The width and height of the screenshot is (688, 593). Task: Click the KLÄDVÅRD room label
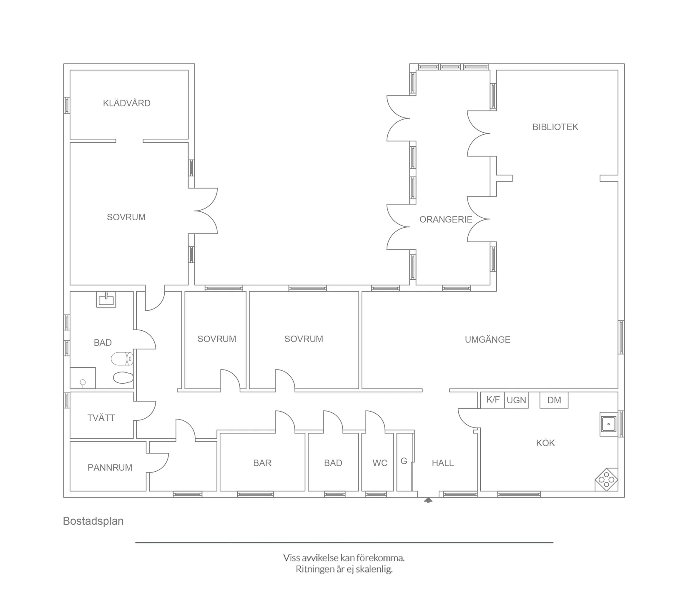(x=126, y=103)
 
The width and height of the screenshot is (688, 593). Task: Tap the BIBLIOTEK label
(x=555, y=127)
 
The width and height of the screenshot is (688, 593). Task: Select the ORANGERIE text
(x=446, y=219)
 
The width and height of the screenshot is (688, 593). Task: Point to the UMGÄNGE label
(x=487, y=339)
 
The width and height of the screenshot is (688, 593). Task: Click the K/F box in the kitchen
(x=492, y=400)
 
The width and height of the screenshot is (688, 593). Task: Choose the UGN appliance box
(x=516, y=400)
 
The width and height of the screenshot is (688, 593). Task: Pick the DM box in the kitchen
(x=554, y=400)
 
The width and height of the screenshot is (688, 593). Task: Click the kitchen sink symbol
(x=608, y=424)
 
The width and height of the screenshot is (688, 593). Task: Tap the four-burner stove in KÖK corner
(x=606, y=479)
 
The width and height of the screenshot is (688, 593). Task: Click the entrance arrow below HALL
(x=428, y=500)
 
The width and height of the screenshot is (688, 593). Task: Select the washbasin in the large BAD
(x=106, y=299)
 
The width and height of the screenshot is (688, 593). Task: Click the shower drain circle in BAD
(x=83, y=382)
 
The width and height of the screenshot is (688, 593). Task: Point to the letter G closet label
(x=404, y=461)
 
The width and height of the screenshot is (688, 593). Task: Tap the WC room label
(x=380, y=463)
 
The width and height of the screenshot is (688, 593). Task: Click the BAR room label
(x=262, y=463)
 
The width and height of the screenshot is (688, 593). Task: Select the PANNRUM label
(x=110, y=467)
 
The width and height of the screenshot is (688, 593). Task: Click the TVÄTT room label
(x=101, y=418)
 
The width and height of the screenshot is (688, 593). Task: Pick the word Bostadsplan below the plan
(x=93, y=521)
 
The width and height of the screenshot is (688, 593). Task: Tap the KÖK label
(x=545, y=443)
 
